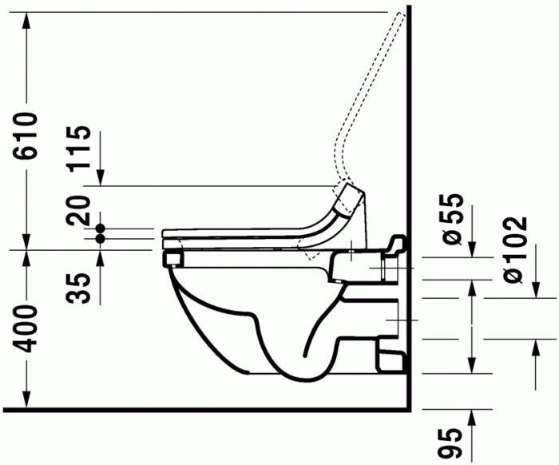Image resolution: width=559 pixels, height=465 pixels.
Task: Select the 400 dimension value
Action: point(27,328)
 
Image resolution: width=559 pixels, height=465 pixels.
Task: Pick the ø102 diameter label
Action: point(514,250)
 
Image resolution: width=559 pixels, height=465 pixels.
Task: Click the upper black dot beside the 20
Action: point(101,228)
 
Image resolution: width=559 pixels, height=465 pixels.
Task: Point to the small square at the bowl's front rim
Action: point(170,258)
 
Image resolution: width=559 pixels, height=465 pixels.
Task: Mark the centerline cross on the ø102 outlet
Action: point(389,318)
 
